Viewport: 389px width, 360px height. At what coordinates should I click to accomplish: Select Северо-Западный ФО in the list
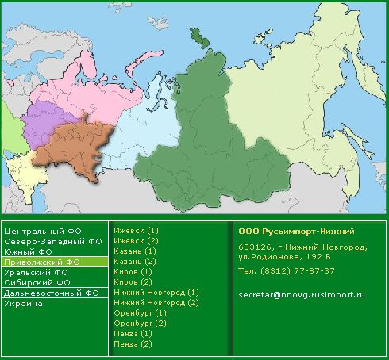click(x=52, y=241)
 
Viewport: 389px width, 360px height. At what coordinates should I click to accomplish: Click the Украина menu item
click(x=22, y=303)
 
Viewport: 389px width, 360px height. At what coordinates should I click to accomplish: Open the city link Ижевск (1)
click(x=137, y=230)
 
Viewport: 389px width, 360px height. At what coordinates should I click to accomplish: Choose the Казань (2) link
click(x=135, y=261)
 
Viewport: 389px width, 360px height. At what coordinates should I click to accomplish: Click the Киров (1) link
click(x=132, y=271)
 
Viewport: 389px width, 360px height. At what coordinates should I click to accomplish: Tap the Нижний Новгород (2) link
click(x=156, y=302)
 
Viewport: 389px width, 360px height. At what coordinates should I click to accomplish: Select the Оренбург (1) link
click(x=140, y=312)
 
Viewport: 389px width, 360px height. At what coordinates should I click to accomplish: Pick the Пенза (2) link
click(x=133, y=343)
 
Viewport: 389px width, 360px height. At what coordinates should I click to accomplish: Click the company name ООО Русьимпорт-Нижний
click(x=296, y=231)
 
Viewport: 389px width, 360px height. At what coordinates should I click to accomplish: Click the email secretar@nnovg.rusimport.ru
click(x=301, y=295)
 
